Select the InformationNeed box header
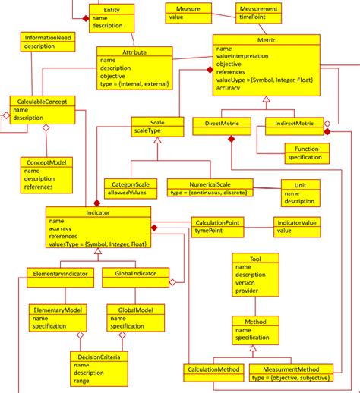48,36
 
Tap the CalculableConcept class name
43,100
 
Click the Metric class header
264,39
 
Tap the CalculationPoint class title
219,222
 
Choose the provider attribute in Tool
248,290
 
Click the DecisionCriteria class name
98,356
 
